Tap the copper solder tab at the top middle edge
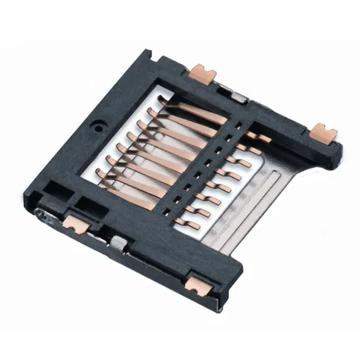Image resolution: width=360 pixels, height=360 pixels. (x=202, y=73)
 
